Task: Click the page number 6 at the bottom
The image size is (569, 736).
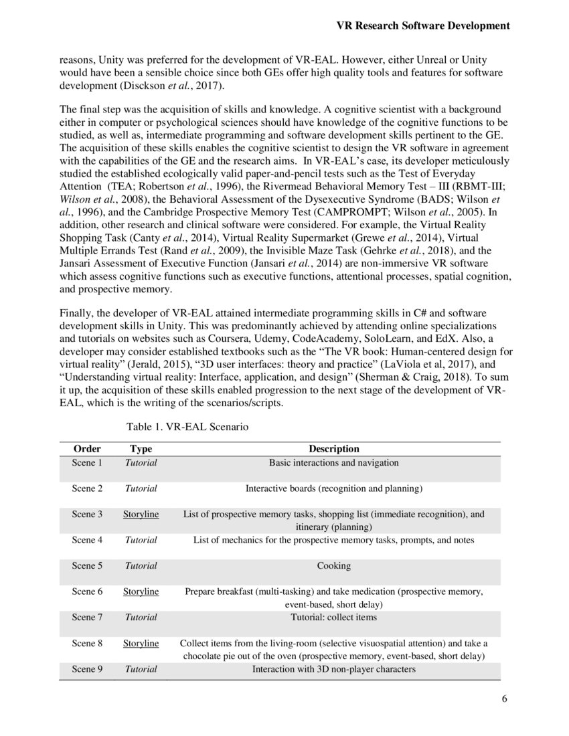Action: (504, 701)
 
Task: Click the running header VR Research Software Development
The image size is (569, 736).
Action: (422, 26)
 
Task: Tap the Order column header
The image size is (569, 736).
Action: (87, 449)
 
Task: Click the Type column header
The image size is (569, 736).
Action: (141, 449)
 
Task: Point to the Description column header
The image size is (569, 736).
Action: (333, 449)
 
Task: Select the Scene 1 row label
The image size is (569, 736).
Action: (87, 462)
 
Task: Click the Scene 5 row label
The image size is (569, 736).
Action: (87, 565)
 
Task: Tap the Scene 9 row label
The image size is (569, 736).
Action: (87, 669)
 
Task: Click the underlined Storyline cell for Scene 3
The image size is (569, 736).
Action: (141, 514)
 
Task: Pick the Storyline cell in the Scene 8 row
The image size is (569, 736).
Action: (141, 643)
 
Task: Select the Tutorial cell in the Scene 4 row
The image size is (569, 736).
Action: (141, 540)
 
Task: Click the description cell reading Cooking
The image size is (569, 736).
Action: (333, 565)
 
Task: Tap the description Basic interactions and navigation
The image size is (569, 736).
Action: (333, 462)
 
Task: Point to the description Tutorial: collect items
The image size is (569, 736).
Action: (333, 617)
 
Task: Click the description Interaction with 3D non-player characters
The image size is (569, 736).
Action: (333, 669)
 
